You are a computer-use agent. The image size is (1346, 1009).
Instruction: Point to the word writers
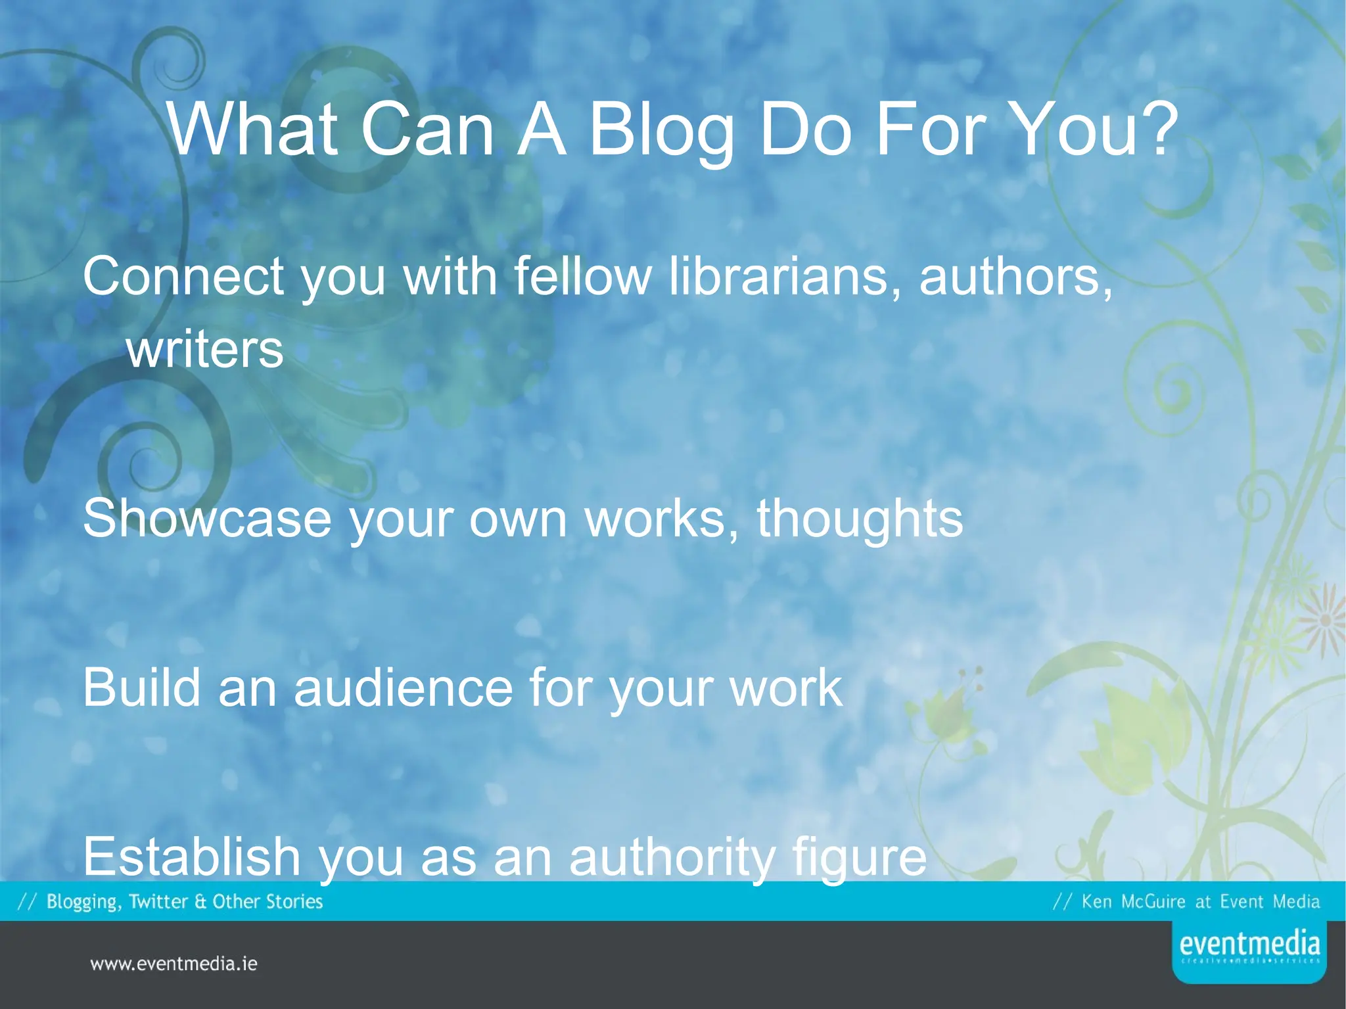[205, 350]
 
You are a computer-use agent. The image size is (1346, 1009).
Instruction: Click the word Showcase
[207, 518]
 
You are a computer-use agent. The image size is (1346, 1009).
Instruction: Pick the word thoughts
[860, 518]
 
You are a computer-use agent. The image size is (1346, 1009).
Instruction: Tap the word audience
[403, 688]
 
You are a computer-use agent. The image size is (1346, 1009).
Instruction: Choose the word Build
[141, 688]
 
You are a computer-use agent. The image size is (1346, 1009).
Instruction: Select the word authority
[672, 857]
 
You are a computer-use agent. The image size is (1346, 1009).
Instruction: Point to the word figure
[859, 857]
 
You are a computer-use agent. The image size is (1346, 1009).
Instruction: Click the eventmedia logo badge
[1249, 950]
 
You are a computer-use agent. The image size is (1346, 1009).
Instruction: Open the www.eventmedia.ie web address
[174, 964]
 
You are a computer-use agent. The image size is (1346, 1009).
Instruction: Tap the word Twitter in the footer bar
[158, 901]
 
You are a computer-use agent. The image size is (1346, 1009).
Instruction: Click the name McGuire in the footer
[1153, 901]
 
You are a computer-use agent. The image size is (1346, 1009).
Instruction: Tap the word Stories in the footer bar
[294, 901]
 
